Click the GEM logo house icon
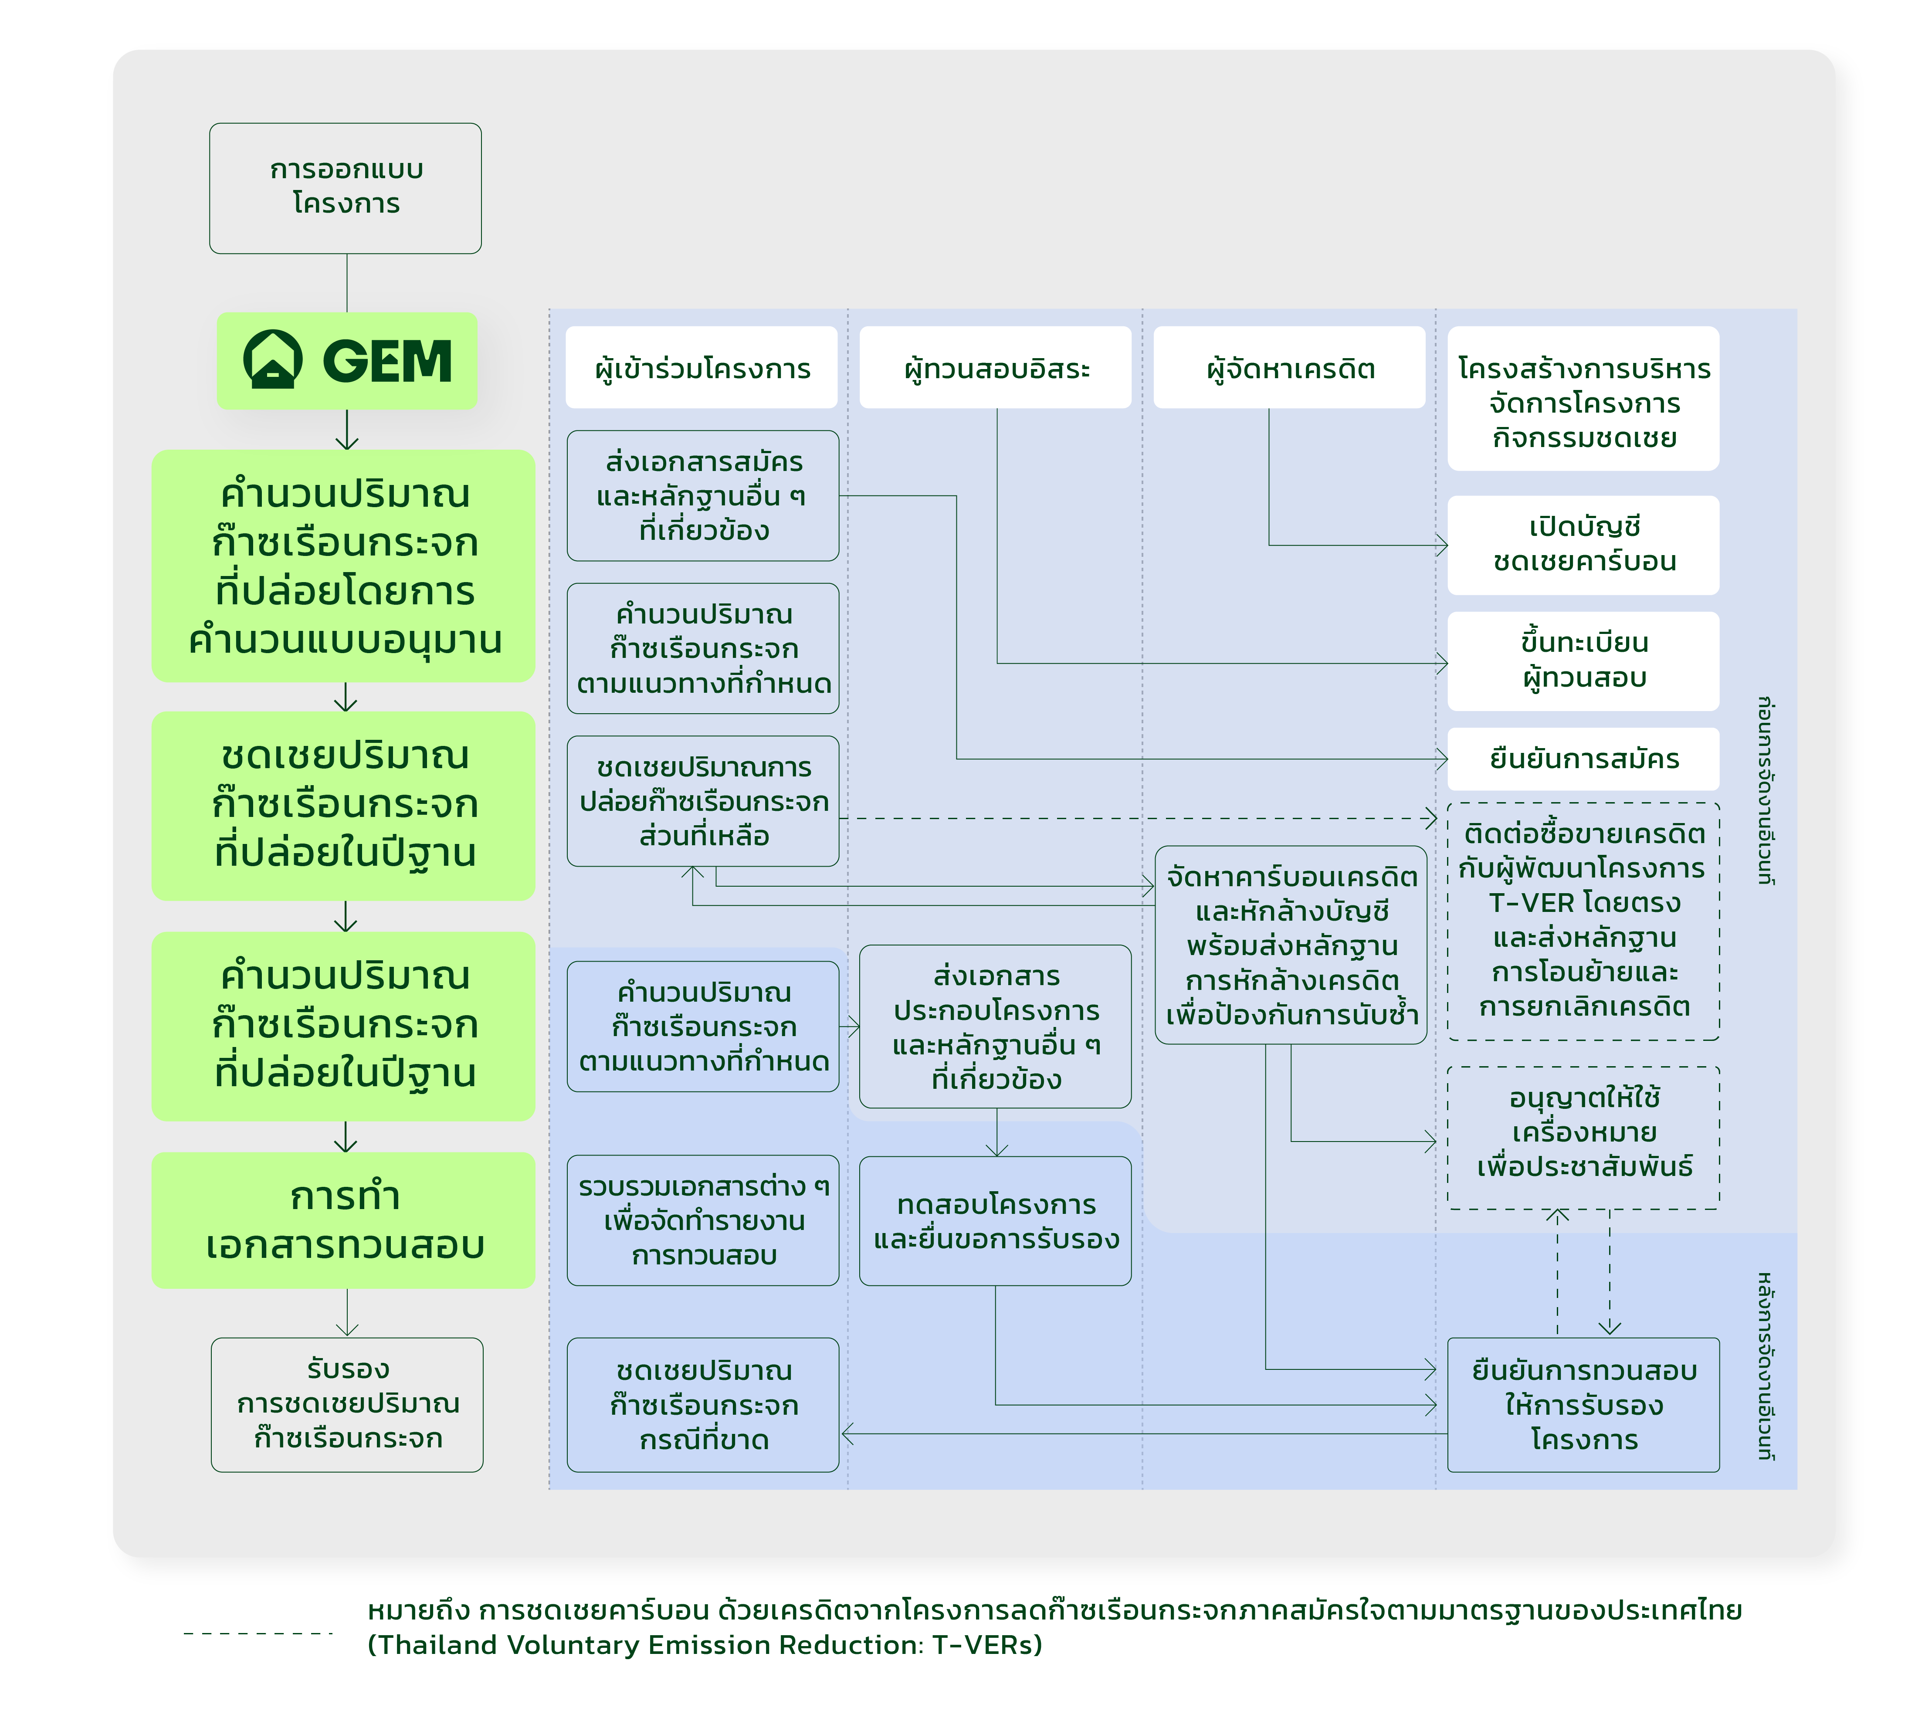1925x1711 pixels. (273, 360)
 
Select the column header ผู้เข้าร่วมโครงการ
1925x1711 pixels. (702, 368)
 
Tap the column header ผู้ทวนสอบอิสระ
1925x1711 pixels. (996, 368)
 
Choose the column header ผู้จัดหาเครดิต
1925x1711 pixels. (1289, 368)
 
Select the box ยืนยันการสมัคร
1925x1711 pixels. (1583, 759)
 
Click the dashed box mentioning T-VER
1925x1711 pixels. (1583, 921)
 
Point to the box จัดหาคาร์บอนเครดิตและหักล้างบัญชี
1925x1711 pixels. (1290, 945)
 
